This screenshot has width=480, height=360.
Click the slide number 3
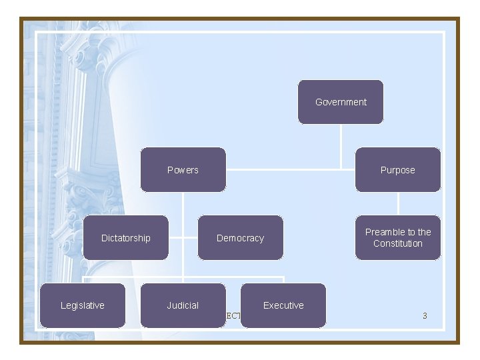click(425, 315)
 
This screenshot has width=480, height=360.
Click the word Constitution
click(398, 244)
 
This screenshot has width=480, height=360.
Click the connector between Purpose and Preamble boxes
click(398, 203)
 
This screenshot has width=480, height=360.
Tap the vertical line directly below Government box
click(341, 145)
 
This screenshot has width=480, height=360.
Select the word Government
click(341, 102)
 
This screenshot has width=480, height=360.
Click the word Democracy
click(240, 238)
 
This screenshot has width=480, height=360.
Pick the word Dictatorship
click(126, 238)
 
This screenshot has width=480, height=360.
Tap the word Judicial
click(183, 305)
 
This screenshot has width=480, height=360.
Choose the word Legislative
click(83, 305)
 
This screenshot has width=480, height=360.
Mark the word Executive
click(283, 305)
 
